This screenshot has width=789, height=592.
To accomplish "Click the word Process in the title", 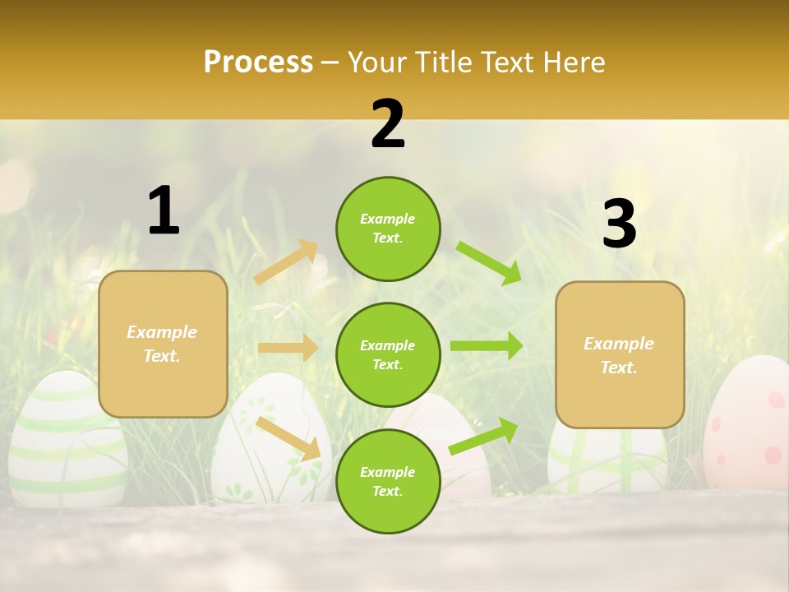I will [258, 62].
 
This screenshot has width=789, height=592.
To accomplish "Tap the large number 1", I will [164, 210].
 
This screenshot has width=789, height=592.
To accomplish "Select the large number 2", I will [388, 124].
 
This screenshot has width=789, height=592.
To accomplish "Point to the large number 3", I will [619, 224].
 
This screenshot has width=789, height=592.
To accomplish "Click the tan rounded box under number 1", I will [163, 344].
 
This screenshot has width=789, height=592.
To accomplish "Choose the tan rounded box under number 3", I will [620, 354].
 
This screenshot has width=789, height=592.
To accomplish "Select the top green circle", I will [388, 229].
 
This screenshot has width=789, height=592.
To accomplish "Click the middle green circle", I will [388, 354].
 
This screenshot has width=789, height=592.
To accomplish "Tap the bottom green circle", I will [388, 481].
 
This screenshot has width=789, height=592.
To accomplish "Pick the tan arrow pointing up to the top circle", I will [286, 262].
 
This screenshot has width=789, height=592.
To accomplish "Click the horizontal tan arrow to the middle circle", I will [288, 348].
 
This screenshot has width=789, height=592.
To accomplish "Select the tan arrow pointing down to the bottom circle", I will [288, 438].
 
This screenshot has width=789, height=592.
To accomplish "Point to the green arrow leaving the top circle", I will [489, 263].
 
